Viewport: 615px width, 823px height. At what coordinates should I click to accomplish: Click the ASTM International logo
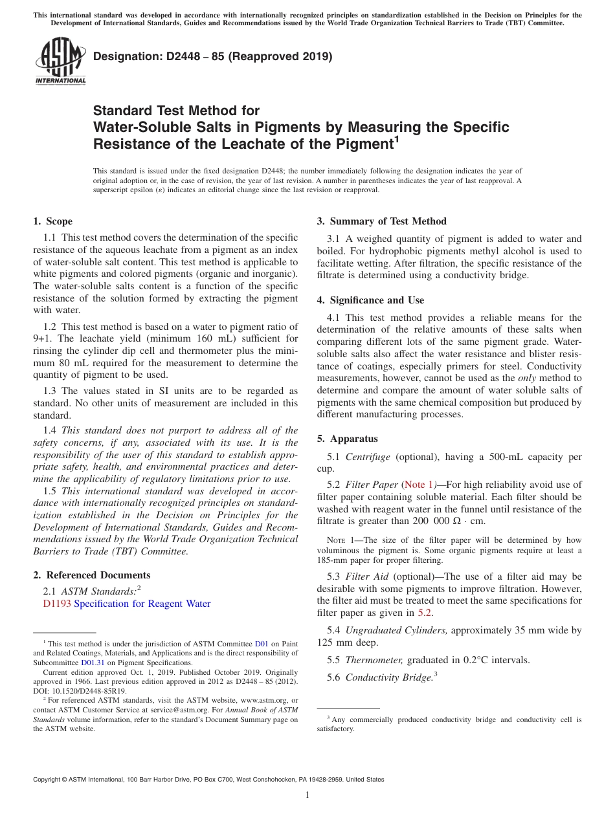tap(60, 61)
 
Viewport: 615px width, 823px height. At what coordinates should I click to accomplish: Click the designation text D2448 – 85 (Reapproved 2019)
tap(213, 56)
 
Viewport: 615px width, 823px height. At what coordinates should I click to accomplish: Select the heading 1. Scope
tap(52, 221)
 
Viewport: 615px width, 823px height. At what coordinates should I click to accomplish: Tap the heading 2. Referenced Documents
tap(91, 575)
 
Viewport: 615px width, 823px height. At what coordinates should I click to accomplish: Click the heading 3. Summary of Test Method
tap(381, 221)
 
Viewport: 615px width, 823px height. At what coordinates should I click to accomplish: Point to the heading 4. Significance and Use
tap(370, 300)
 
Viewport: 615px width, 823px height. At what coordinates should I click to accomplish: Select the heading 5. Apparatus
tap(347, 439)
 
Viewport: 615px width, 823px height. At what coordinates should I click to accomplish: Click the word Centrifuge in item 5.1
tap(368, 457)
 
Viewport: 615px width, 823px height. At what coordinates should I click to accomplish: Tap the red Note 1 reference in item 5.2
tap(419, 485)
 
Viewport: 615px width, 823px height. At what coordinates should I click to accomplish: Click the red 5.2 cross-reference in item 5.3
tap(425, 613)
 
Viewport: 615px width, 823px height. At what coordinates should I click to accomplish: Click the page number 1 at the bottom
tap(307, 795)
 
